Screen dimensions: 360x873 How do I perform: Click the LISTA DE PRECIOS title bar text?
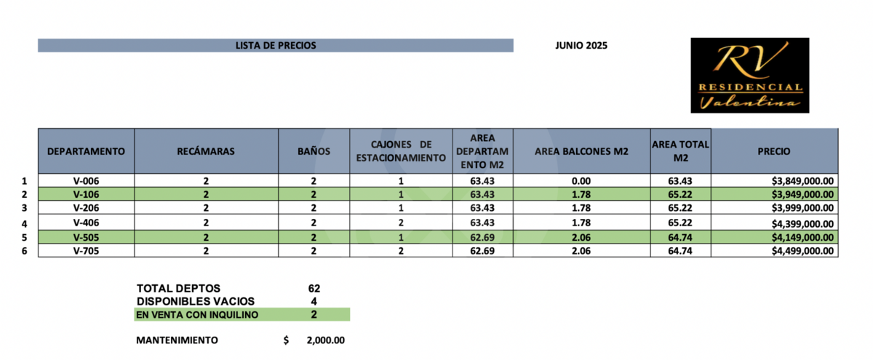click(276, 45)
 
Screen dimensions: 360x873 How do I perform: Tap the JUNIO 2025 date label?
click(581, 45)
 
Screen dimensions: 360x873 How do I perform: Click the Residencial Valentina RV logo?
click(750, 76)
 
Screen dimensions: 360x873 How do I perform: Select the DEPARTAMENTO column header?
click(86, 151)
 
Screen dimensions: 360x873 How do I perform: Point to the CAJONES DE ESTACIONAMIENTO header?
click(401, 151)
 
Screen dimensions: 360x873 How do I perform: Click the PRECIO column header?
click(774, 151)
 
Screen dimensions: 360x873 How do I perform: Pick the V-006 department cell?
click(86, 181)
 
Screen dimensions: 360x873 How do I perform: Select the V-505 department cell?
click(86, 237)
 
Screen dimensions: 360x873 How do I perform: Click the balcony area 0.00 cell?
click(581, 181)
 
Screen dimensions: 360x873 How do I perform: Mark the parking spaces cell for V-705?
click(401, 251)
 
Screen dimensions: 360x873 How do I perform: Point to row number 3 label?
click(24, 209)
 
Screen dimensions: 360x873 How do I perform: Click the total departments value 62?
click(314, 289)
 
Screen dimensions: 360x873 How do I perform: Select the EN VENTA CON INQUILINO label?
click(196, 315)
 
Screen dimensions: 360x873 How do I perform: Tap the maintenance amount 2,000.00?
click(325, 340)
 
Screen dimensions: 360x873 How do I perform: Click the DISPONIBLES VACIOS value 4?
click(314, 301)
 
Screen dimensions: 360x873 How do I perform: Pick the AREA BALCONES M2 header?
click(581, 151)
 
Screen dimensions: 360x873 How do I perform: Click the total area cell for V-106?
click(680, 195)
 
